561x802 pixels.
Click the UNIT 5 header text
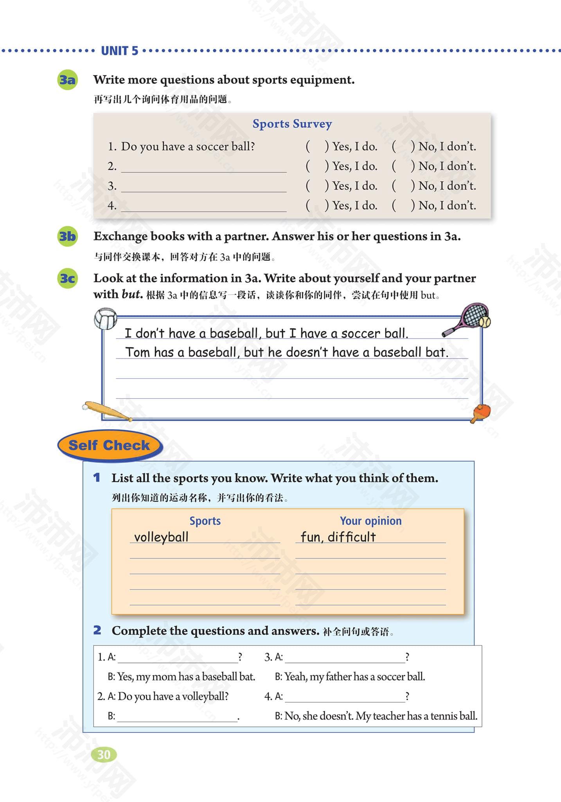pyautogui.click(x=119, y=51)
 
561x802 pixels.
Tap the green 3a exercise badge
pyautogui.click(x=67, y=80)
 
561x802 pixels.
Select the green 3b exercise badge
pyautogui.click(x=67, y=237)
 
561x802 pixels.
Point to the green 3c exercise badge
pyautogui.click(x=67, y=278)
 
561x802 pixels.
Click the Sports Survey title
pyautogui.click(x=292, y=124)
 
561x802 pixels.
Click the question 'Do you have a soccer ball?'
pyautogui.click(x=188, y=146)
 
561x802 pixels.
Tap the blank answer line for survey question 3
pyautogui.click(x=203, y=186)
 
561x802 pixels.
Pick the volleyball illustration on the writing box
pyautogui.click(x=106, y=319)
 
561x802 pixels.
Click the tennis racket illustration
pyautogui.click(x=467, y=319)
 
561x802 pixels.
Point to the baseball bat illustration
pyautogui.click(x=106, y=411)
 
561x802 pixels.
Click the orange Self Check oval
pyautogui.click(x=110, y=445)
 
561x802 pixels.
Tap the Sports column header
pyautogui.click(x=205, y=521)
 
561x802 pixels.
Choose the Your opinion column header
pyautogui.click(x=370, y=521)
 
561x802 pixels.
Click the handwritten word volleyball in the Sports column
pyautogui.click(x=161, y=537)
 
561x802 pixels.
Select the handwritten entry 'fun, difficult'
pyautogui.click(x=338, y=537)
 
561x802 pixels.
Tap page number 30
pyautogui.click(x=104, y=754)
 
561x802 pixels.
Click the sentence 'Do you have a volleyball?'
pyautogui.click(x=173, y=696)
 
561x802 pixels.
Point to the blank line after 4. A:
pyautogui.click(x=345, y=697)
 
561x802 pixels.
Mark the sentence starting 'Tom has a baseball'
pyautogui.click(x=286, y=352)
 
